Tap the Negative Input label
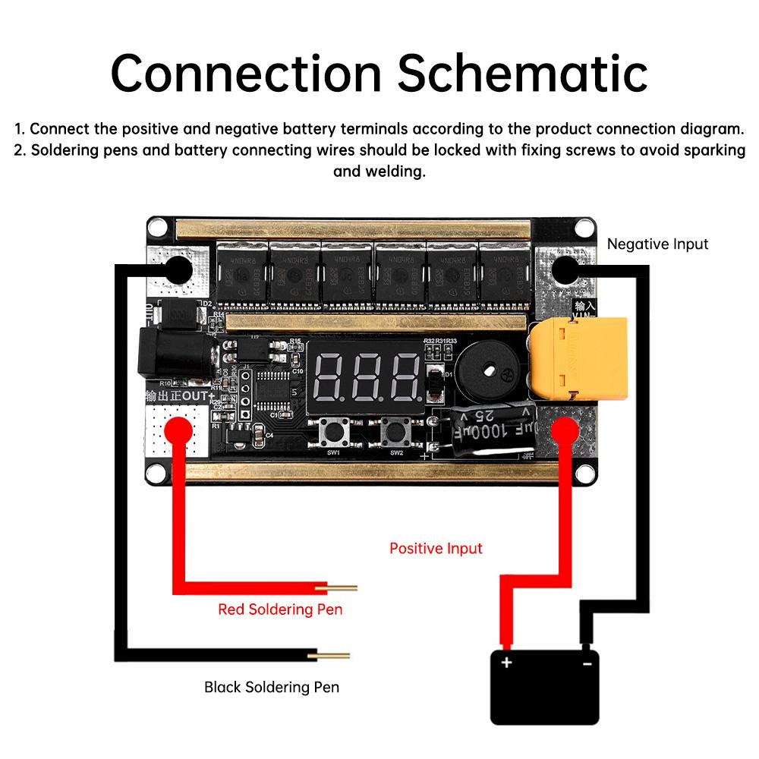click(x=657, y=244)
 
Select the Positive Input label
click(x=436, y=548)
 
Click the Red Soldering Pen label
click(x=280, y=609)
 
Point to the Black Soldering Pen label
click(x=271, y=688)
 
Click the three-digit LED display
click(x=366, y=376)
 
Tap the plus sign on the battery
click(x=506, y=663)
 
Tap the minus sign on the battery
click(x=587, y=663)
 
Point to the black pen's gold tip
click(x=334, y=656)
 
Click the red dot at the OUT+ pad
click(x=176, y=429)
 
